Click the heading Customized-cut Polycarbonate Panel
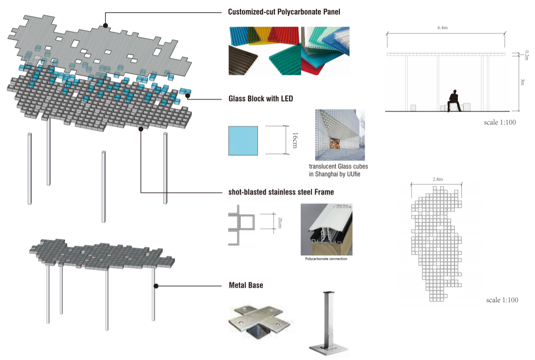pyautogui.click(x=284, y=12)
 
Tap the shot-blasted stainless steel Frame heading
pyautogui.click(x=281, y=192)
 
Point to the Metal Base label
pyautogui.click(x=246, y=286)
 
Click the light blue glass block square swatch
pyautogui.click(x=243, y=140)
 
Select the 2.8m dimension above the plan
pyautogui.click(x=437, y=180)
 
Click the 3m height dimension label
pyautogui.click(x=522, y=82)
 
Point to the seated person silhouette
pyautogui.click(x=453, y=100)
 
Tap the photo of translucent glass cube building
pyautogui.click(x=340, y=135)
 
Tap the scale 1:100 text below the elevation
pyautogui.click(x=500, y=123)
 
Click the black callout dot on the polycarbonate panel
pyautogui.click(x=105, y=25)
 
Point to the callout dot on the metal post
pyautogui.click(x=156, y=286)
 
